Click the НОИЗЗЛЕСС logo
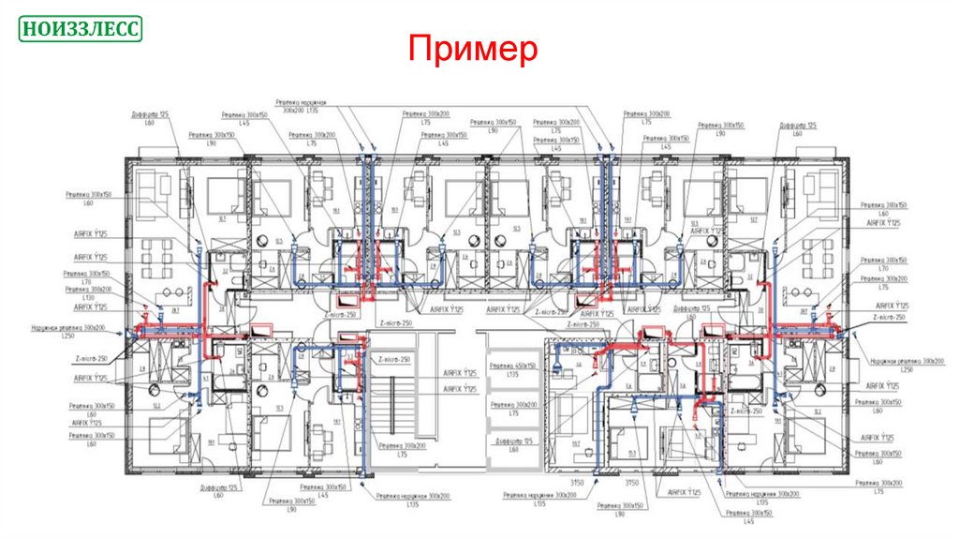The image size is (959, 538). pos(81,29)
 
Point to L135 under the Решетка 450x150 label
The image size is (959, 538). pos(513,375)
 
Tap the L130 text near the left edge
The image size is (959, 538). pos(89,298)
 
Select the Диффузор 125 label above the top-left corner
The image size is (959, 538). pos(151,114)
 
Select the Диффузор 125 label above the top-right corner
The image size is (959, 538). pos(799,125)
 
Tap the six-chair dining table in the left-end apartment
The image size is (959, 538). pos(155,255)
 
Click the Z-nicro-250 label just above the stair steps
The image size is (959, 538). pos(392,359)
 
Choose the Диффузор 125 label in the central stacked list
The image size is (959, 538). pos(513,441)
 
